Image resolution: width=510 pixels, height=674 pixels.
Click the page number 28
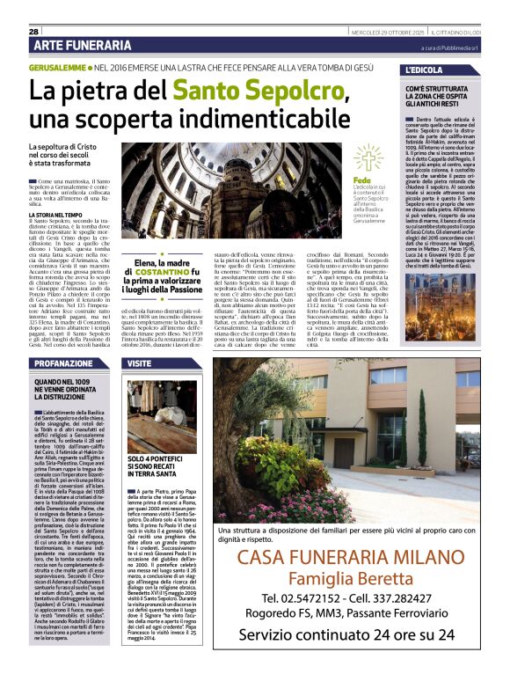(22, 32)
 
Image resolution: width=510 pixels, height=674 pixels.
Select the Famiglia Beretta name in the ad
(354, 558)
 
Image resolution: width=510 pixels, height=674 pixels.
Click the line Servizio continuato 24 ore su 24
(354, 633)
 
